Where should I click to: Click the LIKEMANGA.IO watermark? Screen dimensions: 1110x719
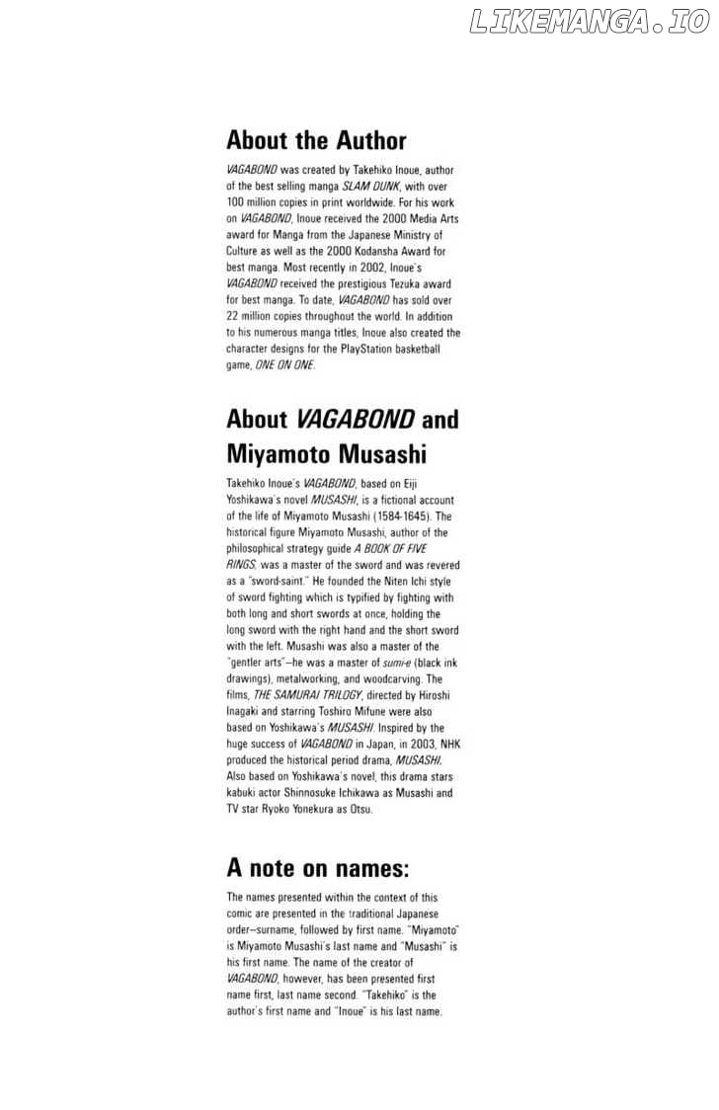(590, 21)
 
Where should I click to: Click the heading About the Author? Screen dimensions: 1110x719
(316, 140)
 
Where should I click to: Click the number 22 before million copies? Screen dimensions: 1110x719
(233, 316)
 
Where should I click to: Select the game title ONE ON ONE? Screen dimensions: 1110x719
(284, 364)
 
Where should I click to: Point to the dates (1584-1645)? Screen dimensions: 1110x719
(422, 515)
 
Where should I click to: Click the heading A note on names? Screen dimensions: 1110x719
(317, 868)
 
